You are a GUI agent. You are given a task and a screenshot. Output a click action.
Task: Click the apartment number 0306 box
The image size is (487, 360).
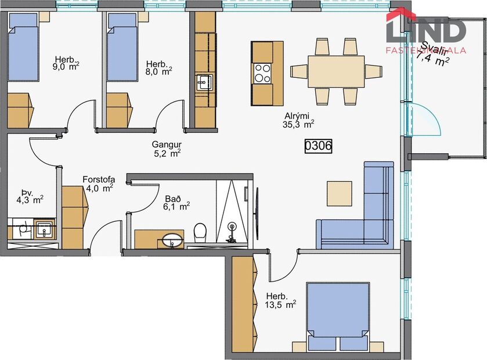coord(319,146)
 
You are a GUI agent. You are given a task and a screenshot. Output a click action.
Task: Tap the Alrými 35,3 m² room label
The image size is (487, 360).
coord(298,119)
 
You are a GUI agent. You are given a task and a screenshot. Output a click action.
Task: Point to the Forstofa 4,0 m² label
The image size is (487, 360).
coord(98,183)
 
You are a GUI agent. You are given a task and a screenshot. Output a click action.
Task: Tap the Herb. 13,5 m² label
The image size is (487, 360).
coord(280,298)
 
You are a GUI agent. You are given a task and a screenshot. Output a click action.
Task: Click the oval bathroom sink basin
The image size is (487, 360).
coord(172,239)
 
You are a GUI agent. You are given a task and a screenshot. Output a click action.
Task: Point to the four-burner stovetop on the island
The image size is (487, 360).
coord(262,74)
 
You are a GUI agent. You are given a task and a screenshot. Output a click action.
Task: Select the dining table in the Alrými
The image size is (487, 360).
coord(336,71)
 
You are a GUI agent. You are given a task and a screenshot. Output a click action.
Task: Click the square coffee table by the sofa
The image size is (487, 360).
coord(339,193)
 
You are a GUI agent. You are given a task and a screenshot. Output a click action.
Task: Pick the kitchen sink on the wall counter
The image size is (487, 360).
coord(203,83)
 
